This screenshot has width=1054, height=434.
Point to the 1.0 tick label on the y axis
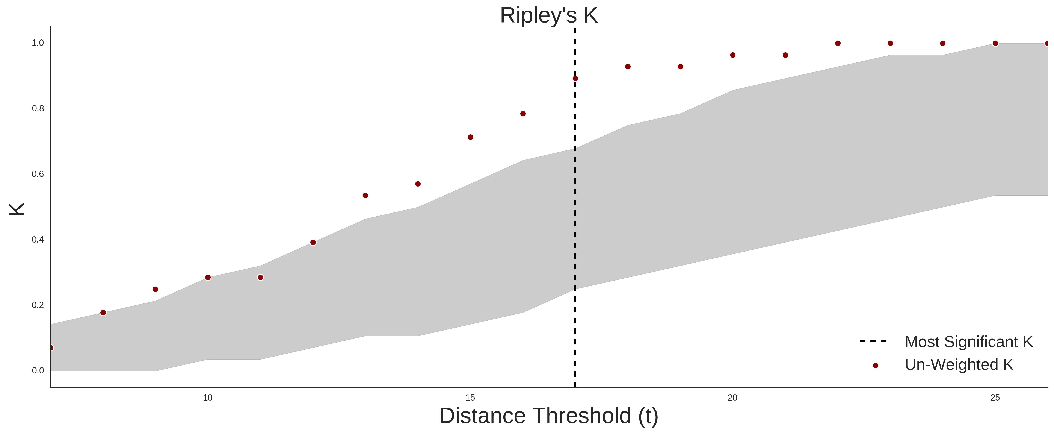tap(38, 43)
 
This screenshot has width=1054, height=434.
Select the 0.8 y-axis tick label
tap(38, 109)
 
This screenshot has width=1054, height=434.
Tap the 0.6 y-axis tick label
tap(38, 174)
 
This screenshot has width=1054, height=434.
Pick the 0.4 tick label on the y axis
tap(38, 240)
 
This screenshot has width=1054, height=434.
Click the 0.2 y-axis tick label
tap(38, 305)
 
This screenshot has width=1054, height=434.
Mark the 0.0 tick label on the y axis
tap(38, 370)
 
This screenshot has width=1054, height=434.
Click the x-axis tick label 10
tap(208, 398)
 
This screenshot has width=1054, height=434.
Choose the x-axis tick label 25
tap(995, 398)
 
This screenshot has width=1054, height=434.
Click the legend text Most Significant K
tap(968, 342)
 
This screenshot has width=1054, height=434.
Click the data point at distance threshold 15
tap(471, 137)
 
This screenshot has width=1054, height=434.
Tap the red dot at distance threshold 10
tap(208, 278)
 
